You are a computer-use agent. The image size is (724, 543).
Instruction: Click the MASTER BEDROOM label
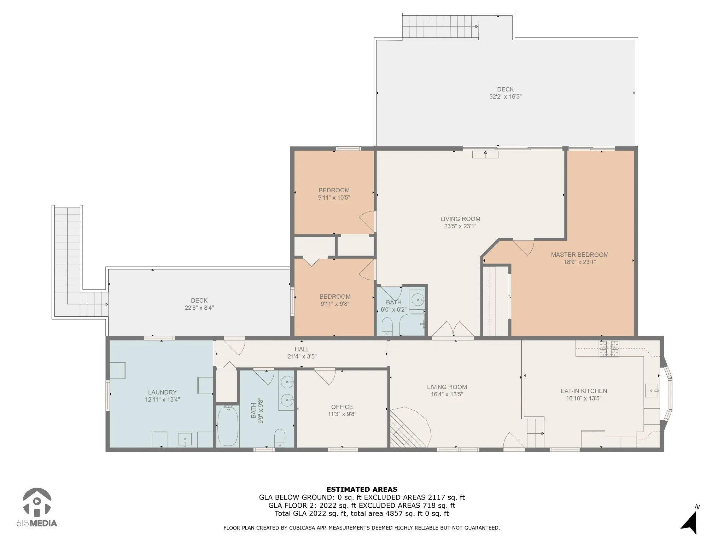(x=579, y=255)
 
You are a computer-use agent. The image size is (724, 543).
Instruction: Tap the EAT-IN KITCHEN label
(x=584, y=391)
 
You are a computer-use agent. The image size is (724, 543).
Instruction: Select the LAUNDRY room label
(x=162, y=392)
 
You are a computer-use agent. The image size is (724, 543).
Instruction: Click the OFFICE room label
(x=342, y=407)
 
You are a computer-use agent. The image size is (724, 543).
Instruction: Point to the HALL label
(x=302, y=349)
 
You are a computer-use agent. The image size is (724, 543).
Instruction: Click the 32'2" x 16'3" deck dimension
(x=505, y=97)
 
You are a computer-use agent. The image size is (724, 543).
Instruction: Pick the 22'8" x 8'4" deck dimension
(x=199, y=308)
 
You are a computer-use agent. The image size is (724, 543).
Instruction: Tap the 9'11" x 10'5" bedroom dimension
(x=334, y=198)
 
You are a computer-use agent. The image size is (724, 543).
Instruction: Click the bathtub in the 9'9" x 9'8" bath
(x=228, y=426)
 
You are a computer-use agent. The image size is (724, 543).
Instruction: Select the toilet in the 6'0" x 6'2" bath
(x=387, y=326)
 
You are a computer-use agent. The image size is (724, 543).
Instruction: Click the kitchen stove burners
(x=609, y=349)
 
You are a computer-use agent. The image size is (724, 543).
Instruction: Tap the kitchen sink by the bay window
(x=651, y=391)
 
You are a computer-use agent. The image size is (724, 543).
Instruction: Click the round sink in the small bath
(x=418, y=300)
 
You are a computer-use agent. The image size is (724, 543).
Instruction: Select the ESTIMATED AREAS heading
(x=362, y=489)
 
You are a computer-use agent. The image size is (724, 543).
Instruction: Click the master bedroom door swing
(x=524, y=247)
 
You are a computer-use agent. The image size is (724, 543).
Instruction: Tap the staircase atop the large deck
(x=440, y=27)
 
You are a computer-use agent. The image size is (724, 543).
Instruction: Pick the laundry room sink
(x=185, y=439)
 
